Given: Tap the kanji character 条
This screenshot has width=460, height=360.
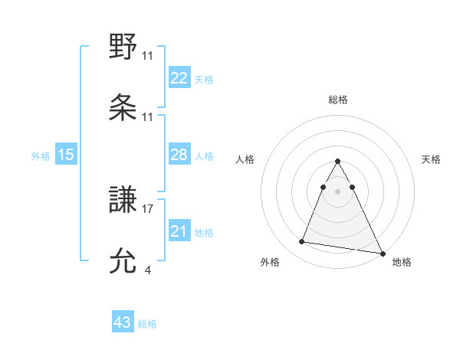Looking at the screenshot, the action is point(123,107).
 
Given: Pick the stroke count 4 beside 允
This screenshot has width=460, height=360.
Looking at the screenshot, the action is point(147,269).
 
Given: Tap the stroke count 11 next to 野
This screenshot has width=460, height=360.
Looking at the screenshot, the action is point(148,55).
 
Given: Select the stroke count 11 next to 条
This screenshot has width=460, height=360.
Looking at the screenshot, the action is point(148,117).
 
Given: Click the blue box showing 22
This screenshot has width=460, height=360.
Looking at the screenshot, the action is point(179,77).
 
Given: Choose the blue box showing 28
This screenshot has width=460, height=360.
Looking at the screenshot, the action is point(179,155).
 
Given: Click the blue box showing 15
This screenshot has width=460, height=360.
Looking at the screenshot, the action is point(66,155).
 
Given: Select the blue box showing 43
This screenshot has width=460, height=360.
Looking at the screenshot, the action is point(123,322).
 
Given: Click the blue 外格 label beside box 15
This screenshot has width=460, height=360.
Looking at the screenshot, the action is point(41,155).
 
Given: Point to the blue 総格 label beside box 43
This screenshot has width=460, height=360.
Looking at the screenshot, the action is point(147,323).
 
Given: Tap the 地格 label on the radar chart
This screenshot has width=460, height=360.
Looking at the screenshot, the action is point(402,262).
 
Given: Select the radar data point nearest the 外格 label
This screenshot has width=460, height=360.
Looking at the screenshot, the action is point(302,242).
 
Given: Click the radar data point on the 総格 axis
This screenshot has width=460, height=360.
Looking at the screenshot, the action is point(337,162).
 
